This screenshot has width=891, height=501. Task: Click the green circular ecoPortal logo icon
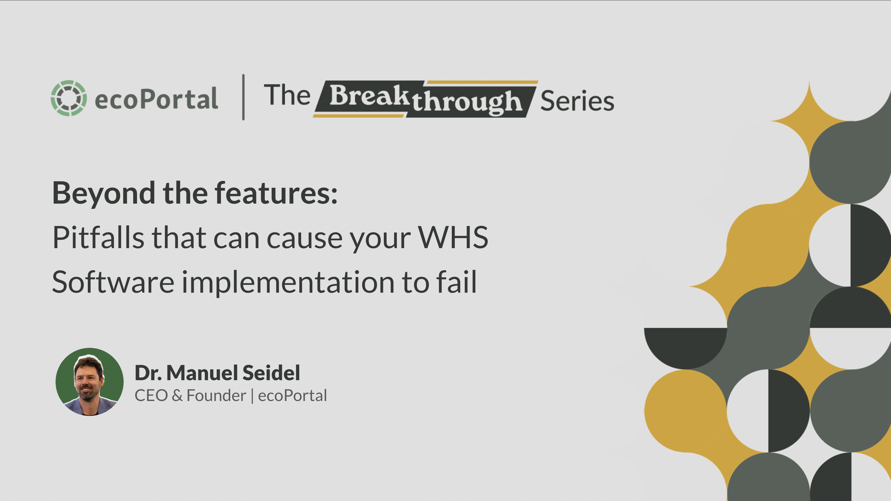point(69,98)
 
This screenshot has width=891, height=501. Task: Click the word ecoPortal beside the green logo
point(156,98)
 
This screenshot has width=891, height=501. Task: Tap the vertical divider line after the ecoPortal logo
point(244,97)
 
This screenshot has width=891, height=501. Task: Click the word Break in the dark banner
point(369,95)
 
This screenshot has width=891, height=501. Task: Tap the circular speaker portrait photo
point(90,382)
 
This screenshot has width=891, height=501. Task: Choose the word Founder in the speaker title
point(216,396)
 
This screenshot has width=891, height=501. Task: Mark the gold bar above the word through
point(482,83)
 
